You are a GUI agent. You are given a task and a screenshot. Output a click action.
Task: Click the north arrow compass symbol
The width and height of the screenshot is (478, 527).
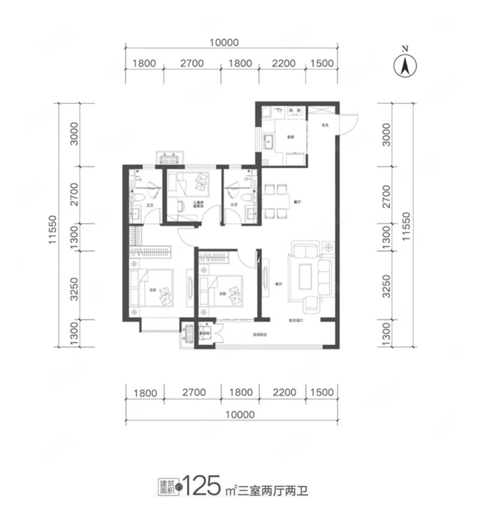(x=405, y=64)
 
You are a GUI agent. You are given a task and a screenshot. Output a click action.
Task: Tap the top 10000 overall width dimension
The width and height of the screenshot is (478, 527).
(x=224, y=43)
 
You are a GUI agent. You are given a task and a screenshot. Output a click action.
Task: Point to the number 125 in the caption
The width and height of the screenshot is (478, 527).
(x=205, y=488)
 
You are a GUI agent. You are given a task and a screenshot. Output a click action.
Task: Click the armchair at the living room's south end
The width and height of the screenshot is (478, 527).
(x=312, y=306)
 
